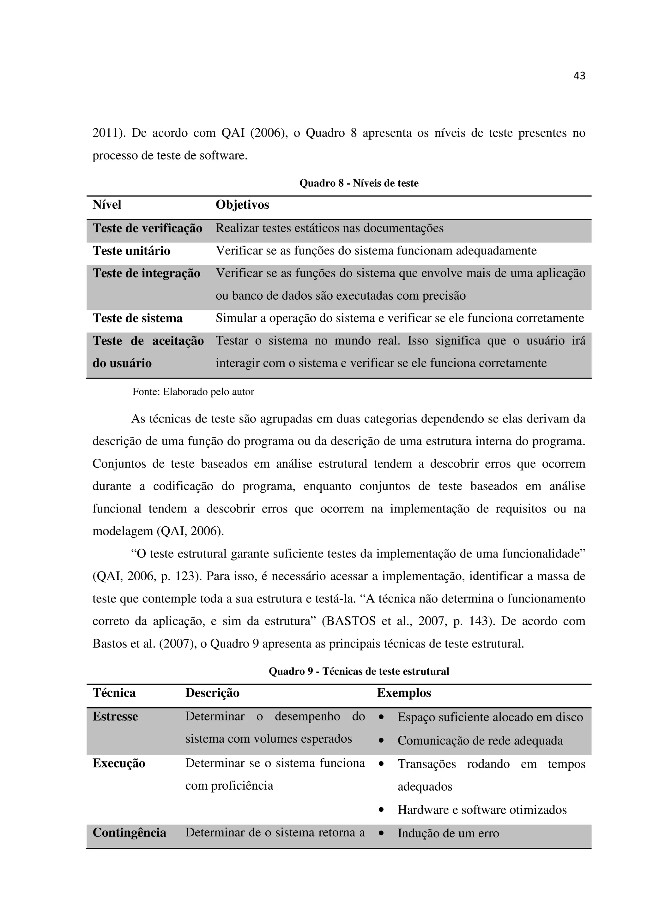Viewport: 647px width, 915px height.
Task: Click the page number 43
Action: [579, 76]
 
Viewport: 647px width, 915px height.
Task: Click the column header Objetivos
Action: [242, 205]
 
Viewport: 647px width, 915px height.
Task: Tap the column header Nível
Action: [107, 205]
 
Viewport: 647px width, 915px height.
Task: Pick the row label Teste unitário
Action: [131, 251]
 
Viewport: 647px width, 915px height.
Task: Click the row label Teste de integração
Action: [146, 273]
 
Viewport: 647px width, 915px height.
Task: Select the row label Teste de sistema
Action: [137, 318]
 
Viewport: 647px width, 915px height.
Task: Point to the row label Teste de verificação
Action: [148, 228]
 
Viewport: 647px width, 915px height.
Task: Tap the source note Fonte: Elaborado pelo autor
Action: [193, 392]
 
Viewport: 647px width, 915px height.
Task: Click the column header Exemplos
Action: [404, 693]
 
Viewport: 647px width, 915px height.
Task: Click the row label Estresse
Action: [115, 716]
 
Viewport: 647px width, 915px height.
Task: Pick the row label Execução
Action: [119, 763]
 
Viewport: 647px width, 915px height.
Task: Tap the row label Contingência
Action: [129, 833]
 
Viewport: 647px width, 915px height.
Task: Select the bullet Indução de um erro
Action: [448, 833]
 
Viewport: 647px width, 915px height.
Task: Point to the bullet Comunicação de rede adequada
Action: [480, 740]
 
